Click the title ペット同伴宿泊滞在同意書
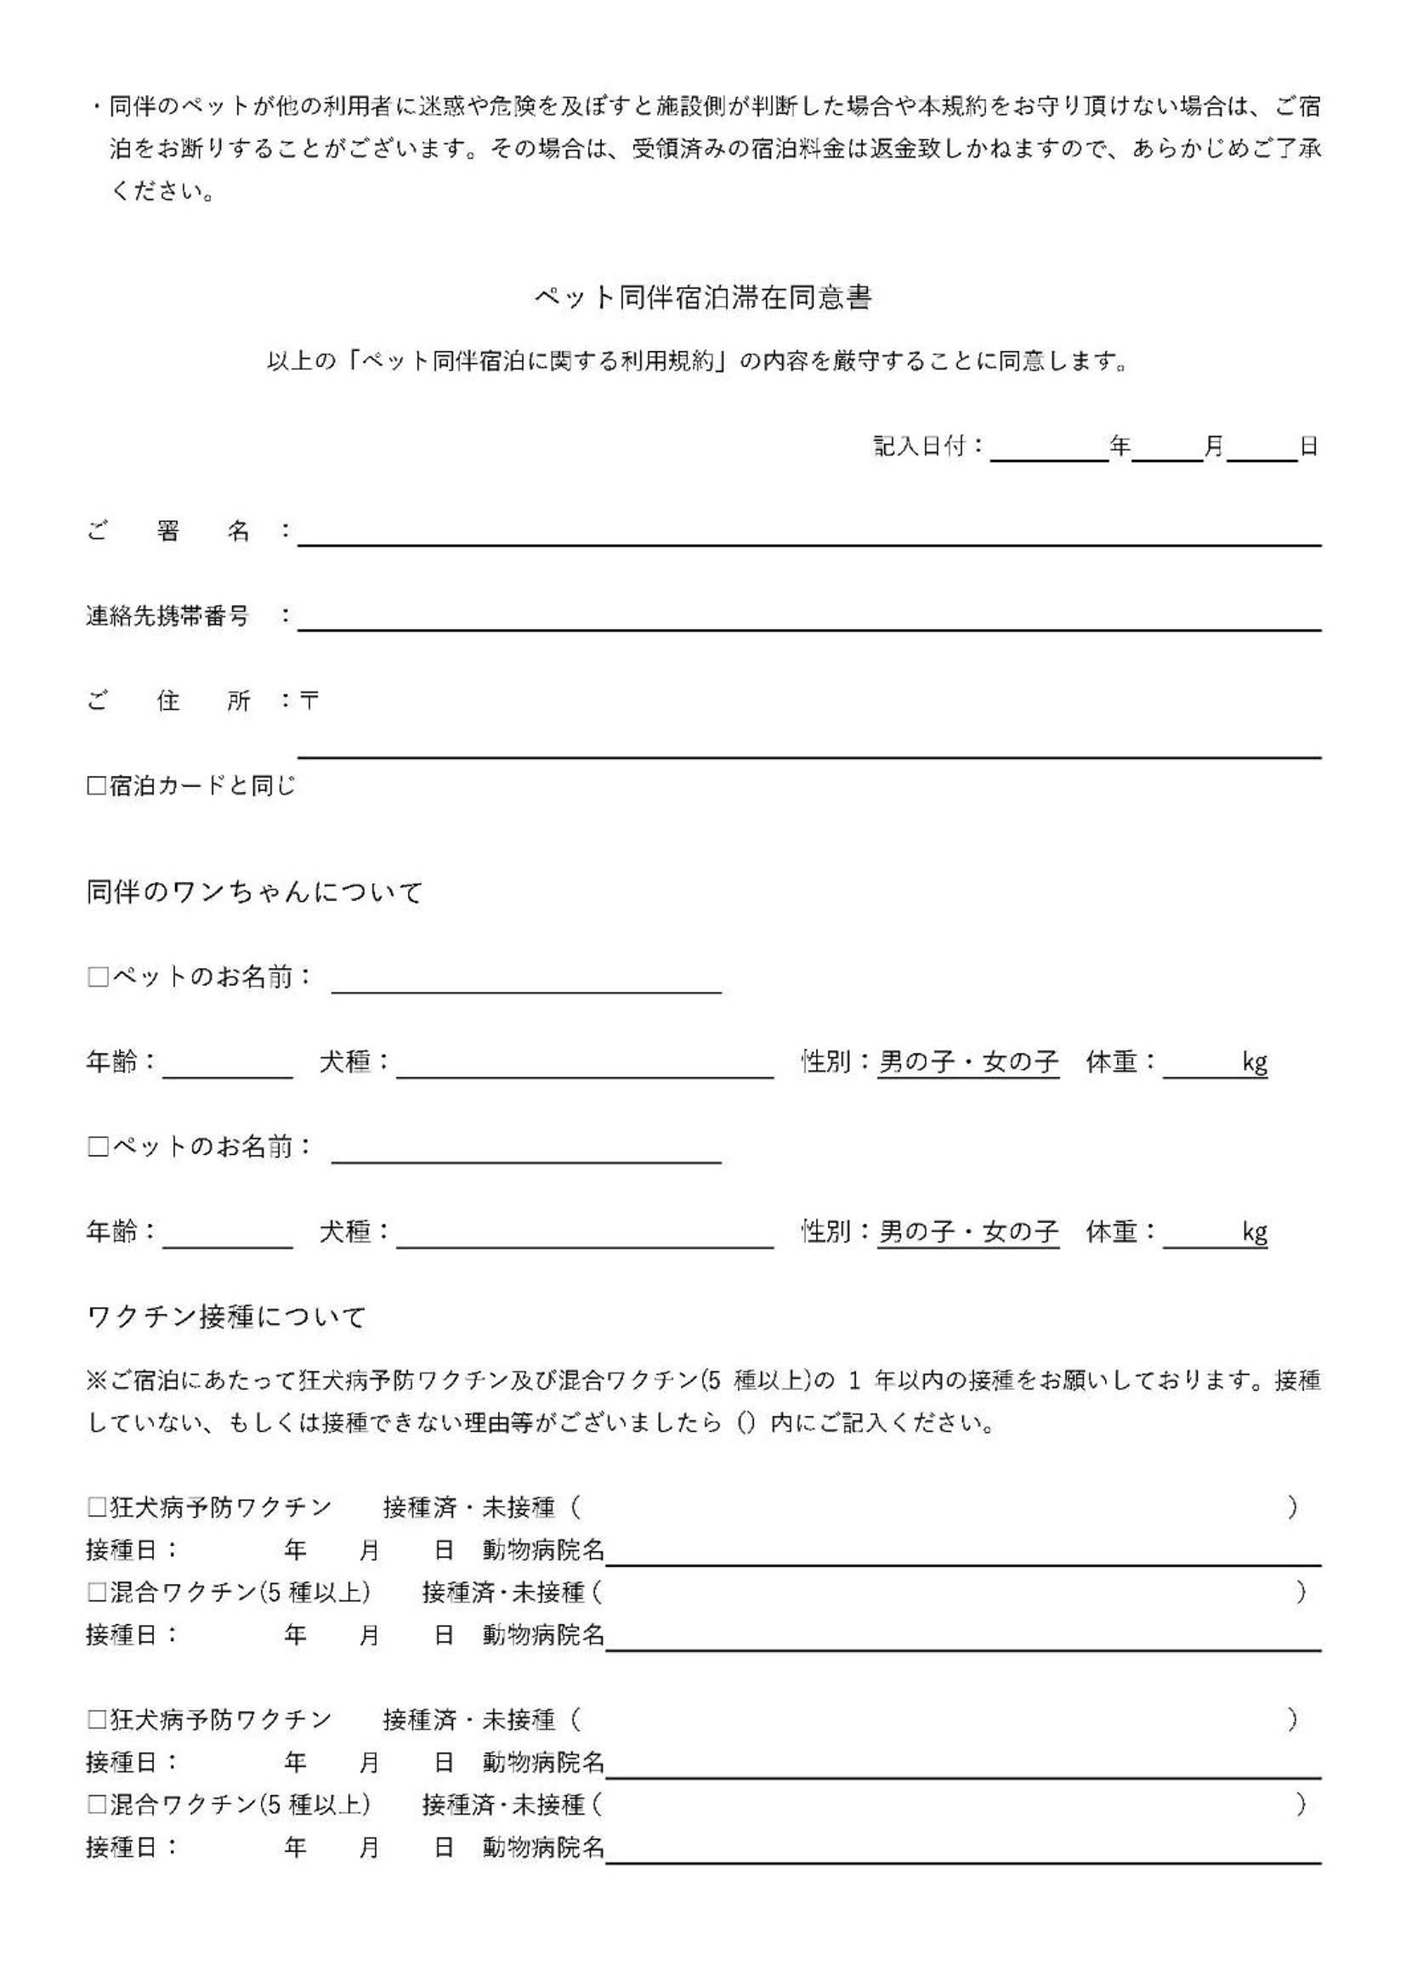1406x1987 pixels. click(702, 297)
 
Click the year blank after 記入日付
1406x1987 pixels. click(1048, 450)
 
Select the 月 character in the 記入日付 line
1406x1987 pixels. click(1214, 446)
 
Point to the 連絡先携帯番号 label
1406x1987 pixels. click(167, 616)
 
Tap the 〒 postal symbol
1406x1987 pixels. click(309, 700)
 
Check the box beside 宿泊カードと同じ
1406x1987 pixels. click(96, 786)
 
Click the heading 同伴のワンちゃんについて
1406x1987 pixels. click(254, 892)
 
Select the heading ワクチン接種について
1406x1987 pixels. click(227, 1317)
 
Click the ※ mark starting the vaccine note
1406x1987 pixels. click(96, 1380)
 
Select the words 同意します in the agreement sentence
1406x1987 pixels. click(1057, 361)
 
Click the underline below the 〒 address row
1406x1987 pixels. click(808, 756)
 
